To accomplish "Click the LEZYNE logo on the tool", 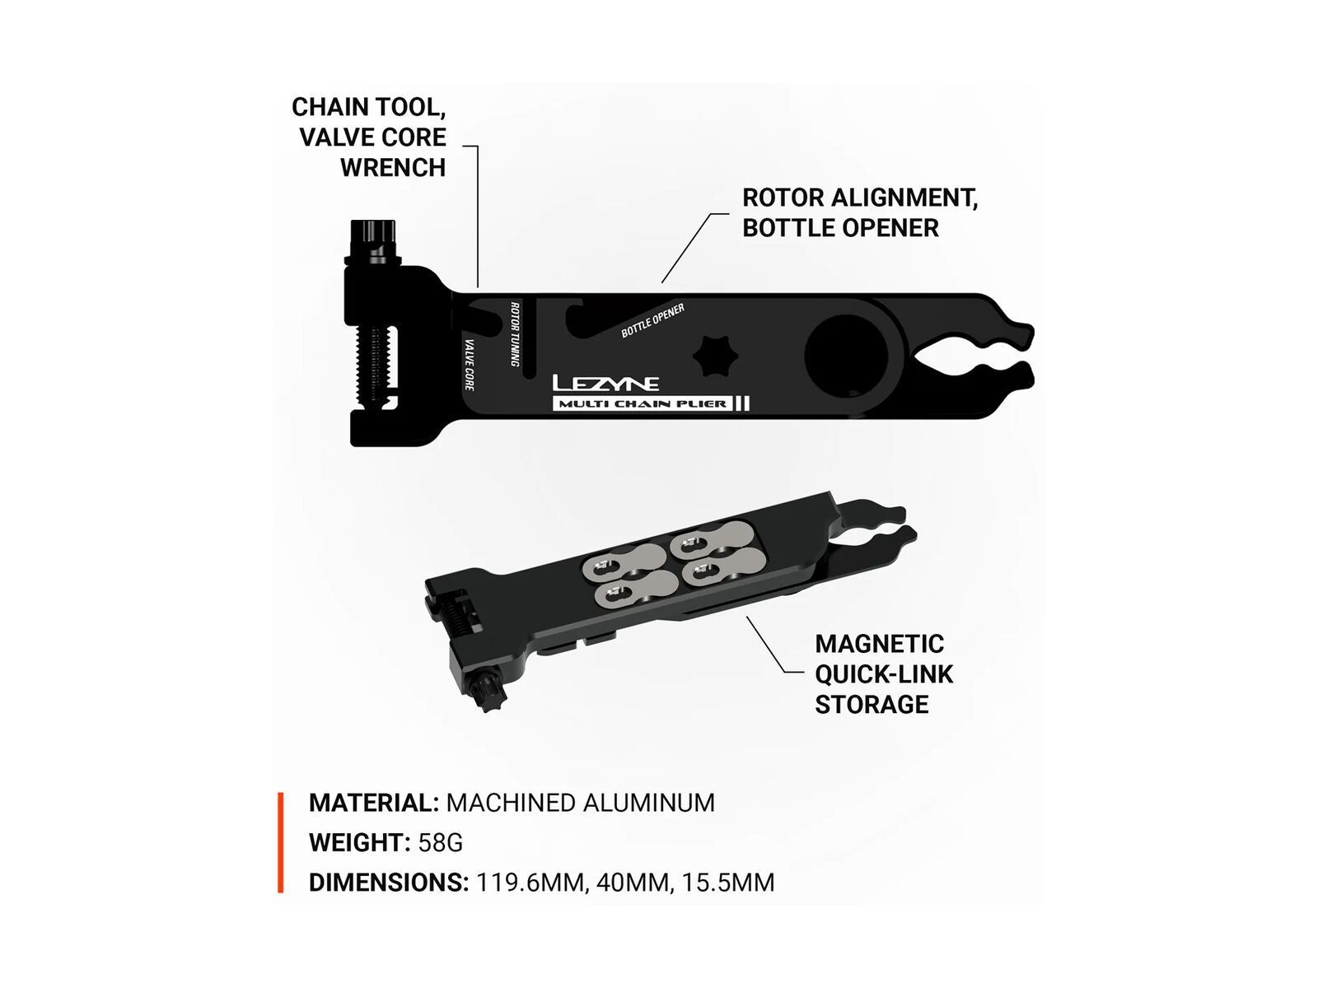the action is [605, 383].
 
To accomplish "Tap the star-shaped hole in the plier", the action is [715, 356].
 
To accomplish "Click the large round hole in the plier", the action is [847, 356].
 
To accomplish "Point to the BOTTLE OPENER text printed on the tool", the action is [652, 321].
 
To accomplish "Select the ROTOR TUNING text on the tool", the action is [515, 333].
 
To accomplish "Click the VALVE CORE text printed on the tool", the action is [470, 365].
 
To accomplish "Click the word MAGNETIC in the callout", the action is [879, 644].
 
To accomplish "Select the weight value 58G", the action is [441, 843].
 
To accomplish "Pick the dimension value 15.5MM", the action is [727, 883].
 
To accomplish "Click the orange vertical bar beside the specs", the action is [280, 843].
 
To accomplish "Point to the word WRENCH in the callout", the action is [393, 168].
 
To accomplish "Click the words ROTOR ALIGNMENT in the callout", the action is [859, 198].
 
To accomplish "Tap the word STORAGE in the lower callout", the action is [872, 704].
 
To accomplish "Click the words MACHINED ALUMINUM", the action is [581, 803].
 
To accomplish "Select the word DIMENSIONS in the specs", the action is [389, 883].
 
